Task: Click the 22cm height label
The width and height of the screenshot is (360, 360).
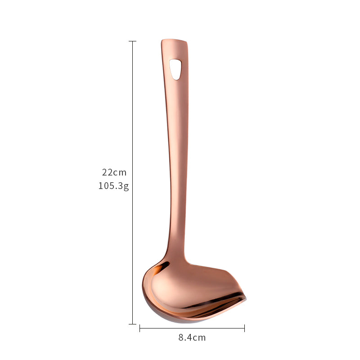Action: [114, 172]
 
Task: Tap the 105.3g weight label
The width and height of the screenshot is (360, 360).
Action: [114, 186]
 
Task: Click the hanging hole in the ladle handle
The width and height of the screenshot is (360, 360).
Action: [175, 69]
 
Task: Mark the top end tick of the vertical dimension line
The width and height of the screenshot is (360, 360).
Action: [132, 41]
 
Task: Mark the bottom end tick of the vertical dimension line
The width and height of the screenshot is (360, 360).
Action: [132, 324]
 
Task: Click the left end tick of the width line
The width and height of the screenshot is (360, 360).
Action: [140, 328]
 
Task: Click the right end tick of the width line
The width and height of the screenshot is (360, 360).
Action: [244, 328]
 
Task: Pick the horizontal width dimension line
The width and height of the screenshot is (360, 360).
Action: [192, 328]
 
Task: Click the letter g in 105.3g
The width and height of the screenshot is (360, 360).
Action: [126, 187]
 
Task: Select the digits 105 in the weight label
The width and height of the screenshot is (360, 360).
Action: [105, 186]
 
